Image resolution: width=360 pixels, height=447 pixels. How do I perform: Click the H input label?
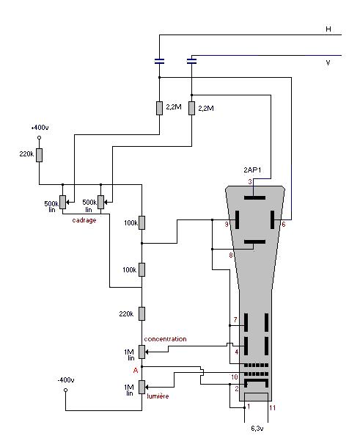328,29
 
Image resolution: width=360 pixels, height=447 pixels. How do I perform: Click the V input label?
328,62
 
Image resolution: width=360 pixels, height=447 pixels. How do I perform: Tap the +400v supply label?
40,128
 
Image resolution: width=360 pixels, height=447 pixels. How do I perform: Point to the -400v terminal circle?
65,390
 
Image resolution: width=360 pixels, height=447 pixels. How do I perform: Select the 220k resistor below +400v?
40,155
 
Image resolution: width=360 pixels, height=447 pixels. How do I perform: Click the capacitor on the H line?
159,61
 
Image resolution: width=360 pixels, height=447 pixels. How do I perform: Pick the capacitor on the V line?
191,61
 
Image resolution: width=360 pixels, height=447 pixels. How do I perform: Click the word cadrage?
84,220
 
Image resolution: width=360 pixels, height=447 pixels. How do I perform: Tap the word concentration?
165,339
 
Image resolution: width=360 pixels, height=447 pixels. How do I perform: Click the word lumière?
158,396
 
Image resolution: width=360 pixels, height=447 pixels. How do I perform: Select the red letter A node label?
136,371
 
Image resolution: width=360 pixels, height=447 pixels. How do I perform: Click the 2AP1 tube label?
252,170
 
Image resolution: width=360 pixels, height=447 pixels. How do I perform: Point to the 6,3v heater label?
257,428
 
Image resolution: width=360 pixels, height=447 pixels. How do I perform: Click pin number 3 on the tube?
250,181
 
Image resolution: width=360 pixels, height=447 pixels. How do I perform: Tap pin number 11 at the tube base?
273,407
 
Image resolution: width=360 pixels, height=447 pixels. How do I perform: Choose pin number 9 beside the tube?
227,225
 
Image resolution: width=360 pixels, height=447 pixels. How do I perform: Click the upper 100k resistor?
142,222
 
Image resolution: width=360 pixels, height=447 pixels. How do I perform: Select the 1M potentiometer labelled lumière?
142,387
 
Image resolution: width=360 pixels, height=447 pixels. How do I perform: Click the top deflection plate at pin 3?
255,197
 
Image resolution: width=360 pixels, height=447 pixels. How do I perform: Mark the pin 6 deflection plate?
272,219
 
